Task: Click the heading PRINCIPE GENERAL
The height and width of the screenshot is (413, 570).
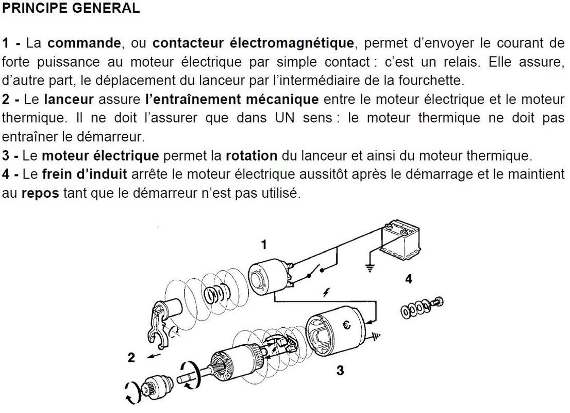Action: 71,8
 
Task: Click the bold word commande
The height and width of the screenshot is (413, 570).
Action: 84,43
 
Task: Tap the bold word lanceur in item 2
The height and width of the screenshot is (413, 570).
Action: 69,99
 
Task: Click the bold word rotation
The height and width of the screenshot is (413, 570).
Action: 252,155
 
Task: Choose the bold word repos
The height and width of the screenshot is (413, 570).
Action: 40,194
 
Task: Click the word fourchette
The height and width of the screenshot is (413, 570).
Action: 431,80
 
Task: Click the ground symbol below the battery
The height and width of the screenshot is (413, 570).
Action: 370,268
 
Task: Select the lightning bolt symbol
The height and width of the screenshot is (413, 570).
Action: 326,292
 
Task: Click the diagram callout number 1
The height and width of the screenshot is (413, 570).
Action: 264,245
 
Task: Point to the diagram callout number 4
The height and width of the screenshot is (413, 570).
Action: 409,279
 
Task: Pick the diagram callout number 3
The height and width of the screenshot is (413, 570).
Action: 340,370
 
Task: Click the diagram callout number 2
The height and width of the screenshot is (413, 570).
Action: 131,357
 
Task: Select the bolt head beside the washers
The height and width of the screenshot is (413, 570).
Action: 438,303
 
